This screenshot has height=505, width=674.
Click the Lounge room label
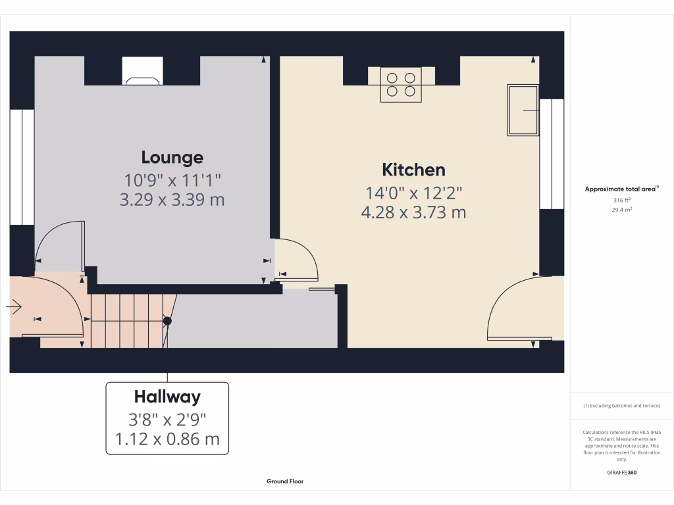click(172, 158)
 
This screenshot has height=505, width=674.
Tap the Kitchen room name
click(413, 170)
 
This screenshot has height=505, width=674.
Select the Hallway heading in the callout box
click(167, 397)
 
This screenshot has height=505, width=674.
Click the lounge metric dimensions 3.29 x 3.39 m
click(172, 200)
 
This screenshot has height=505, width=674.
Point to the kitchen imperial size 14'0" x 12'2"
click(413, 193)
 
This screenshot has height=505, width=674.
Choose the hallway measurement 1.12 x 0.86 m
click(167, 439)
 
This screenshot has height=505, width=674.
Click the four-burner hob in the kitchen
click(401, 85)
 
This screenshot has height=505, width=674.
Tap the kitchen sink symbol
click(523, 110)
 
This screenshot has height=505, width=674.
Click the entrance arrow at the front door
click(15, 306)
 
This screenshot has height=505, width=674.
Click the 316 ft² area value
click(621, 201)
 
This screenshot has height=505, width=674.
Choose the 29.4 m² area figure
click(621, 210)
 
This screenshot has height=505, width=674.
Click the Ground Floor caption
click(285, 481)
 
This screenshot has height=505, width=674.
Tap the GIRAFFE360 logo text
click(621, 472)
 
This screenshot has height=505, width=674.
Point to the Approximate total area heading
click(621, 189)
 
